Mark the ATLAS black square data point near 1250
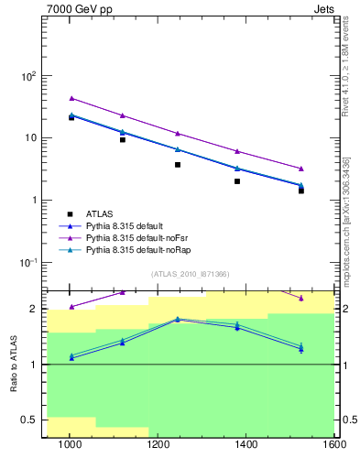click(178, 165)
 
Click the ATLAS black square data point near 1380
click(237, 181)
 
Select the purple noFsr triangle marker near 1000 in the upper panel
click(71, 98)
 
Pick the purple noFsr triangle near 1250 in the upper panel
click(178, 134)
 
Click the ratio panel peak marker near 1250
click(178, 319)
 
